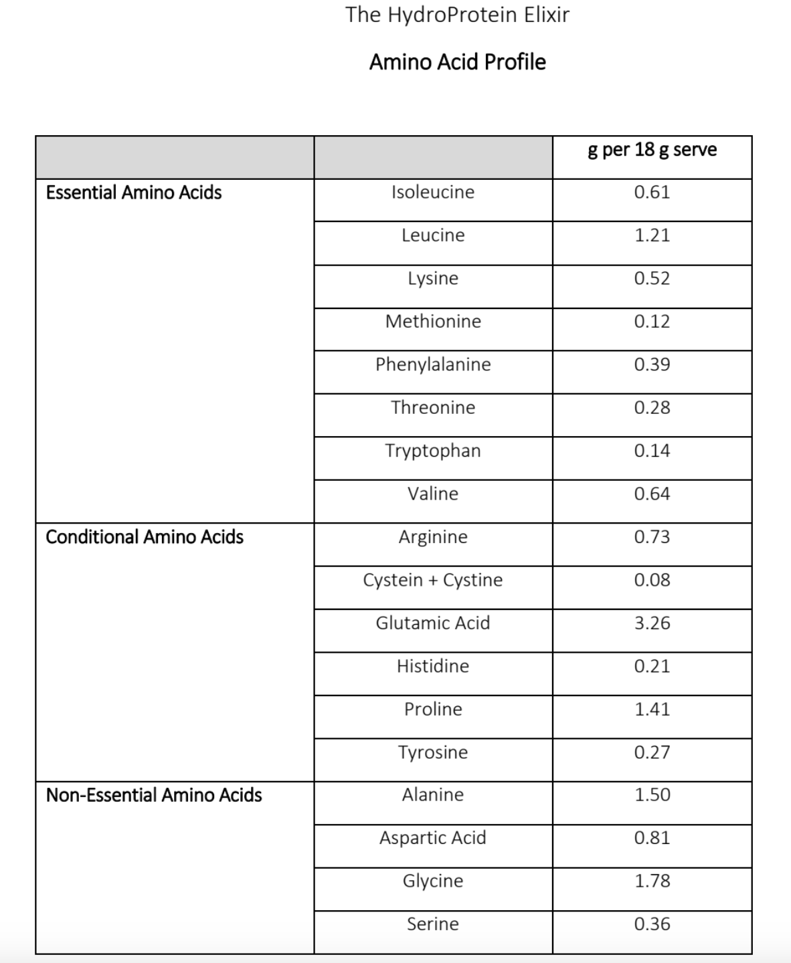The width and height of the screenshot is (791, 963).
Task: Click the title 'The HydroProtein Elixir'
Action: coord(457,15)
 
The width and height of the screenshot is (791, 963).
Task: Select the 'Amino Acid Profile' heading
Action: coord(457,62)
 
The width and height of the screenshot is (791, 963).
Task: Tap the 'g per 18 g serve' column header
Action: coord(652,149)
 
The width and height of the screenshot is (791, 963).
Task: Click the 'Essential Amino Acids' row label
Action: coord(134,193)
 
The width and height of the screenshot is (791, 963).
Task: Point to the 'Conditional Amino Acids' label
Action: coord(145,537)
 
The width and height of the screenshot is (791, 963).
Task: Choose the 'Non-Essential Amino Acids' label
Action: coord(154,795)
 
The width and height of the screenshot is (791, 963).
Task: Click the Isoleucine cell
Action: coord(433,192)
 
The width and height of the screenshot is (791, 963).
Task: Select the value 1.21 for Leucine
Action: coord(652,235)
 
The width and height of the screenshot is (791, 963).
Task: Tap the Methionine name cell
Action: coord(433,322)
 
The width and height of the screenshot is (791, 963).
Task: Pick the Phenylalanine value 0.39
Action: coord(652,364)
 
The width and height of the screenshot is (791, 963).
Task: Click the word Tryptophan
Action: coord(433,451)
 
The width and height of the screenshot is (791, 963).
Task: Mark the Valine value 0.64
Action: coord(652,494)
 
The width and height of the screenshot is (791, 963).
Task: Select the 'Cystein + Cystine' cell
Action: coord(433,580)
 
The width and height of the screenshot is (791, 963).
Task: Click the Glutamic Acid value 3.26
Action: coord(652,623)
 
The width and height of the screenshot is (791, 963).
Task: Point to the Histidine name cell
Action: coord(433,666)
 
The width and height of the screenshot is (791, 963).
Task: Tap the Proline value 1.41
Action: coord(652,709)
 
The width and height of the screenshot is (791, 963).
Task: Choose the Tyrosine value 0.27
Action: coord(652,752)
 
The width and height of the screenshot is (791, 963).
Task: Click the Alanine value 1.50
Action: coord(652,795)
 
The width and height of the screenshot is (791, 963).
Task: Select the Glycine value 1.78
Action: coord(652,881)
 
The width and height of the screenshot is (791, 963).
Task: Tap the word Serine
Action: coord(433,924)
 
